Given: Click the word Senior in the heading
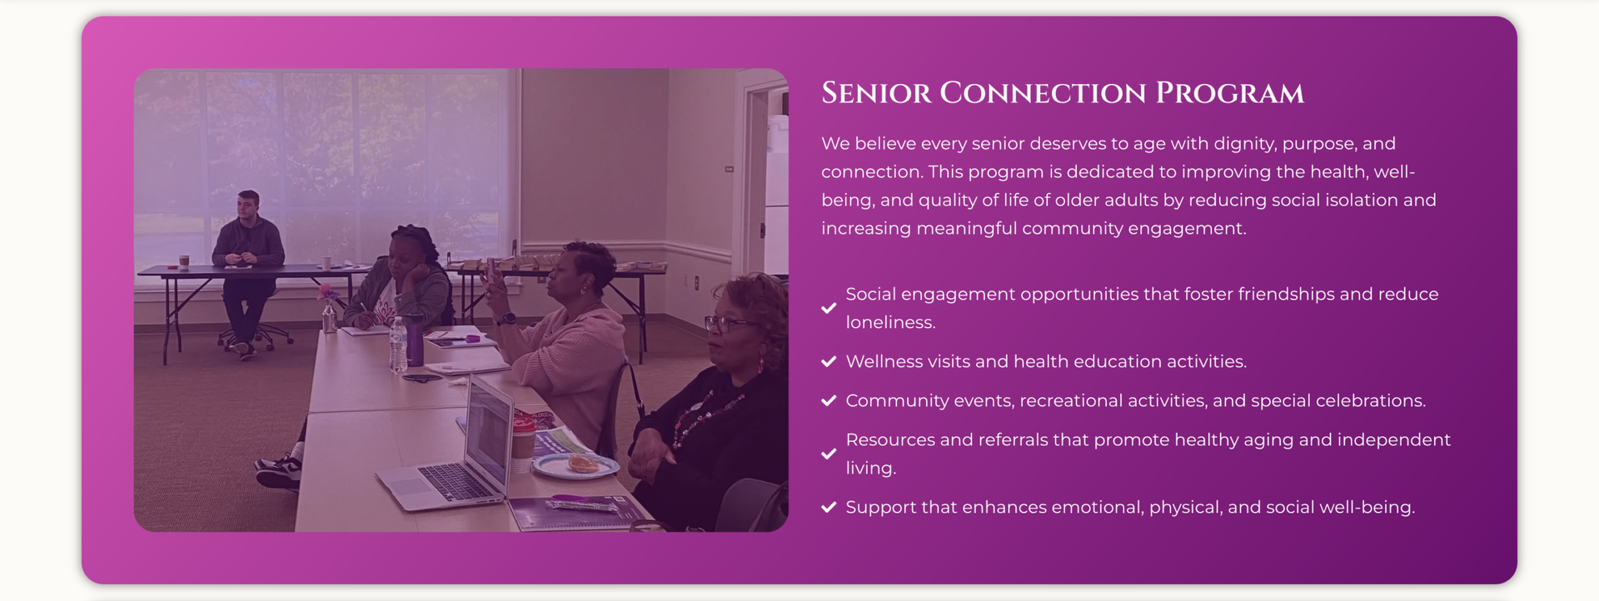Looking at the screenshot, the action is (x=876, y=93).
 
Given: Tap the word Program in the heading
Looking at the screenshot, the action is (x=1229, y=93).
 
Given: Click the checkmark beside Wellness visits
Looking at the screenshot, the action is (x=829, y=361).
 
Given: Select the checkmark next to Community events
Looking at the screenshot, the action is (x=829, y=400).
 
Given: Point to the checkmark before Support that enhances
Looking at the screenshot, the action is (x=829, y=507).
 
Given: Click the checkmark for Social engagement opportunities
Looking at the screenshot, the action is (x=829, y=308).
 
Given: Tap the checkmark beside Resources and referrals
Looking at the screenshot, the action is (x=829, y=454).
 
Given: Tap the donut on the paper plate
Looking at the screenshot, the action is (x=582, y=463).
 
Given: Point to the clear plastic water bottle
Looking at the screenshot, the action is (x=398, y=344).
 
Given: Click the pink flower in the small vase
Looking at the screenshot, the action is (x=326, y=291).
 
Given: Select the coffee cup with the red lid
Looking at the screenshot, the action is (x=522, y=445).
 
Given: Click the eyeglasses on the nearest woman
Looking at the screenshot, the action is (x=726, y=324).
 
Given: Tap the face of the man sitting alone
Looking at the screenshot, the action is (x=248, y=207).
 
